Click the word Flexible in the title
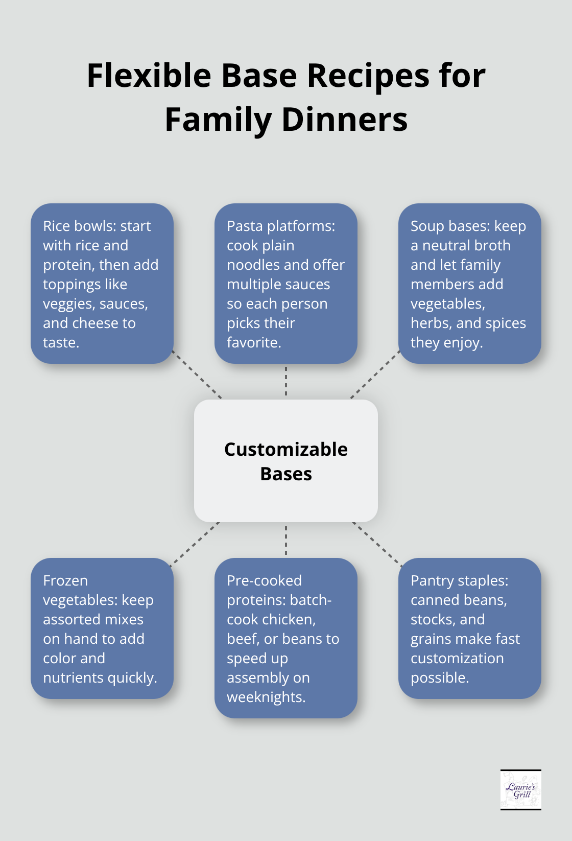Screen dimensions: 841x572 coord(149,76)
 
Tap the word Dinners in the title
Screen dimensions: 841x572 coord(345,120)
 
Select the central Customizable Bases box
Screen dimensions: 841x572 coord(286,461)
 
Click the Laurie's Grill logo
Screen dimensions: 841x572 coord(520,790)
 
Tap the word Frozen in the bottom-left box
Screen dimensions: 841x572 coord(65,580)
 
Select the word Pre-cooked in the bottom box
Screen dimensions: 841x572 coord(264,580)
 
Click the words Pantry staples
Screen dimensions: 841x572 coord(459,580)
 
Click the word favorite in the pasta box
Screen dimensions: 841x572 coord(253,342)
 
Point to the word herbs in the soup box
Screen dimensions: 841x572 coord(431,323)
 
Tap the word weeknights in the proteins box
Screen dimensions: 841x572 coord(266,697)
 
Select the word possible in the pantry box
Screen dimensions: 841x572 coord(439,678)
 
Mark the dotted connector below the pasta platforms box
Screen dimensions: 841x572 coord(286,381)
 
